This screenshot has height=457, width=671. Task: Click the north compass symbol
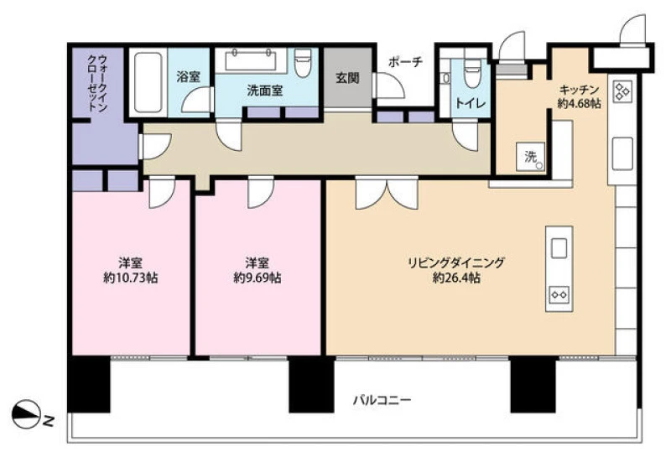(26, 414)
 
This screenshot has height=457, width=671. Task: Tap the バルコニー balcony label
(382, 401)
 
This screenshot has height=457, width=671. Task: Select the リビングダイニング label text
(456, 262)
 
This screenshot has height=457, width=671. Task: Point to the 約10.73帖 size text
(131, 278)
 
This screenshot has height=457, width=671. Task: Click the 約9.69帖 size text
(257, 278)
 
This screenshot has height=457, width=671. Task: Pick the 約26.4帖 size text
(456, 278)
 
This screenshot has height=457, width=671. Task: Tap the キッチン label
(579, 90)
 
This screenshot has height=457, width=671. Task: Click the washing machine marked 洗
(531, 157)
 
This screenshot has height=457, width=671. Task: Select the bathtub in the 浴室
(148, 82)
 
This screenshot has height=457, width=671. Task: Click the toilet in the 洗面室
(303, 63)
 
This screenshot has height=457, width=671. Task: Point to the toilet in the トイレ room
(472, 74)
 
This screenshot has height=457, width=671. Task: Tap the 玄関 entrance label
(347, 78)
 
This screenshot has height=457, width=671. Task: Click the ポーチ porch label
(405, 61)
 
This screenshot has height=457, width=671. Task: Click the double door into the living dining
(387, 193)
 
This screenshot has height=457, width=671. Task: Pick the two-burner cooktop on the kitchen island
(559, 294)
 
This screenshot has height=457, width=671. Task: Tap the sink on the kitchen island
(559, 248)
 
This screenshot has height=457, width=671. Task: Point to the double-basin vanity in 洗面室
(250, 59)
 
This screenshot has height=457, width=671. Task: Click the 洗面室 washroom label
(264, 91)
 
